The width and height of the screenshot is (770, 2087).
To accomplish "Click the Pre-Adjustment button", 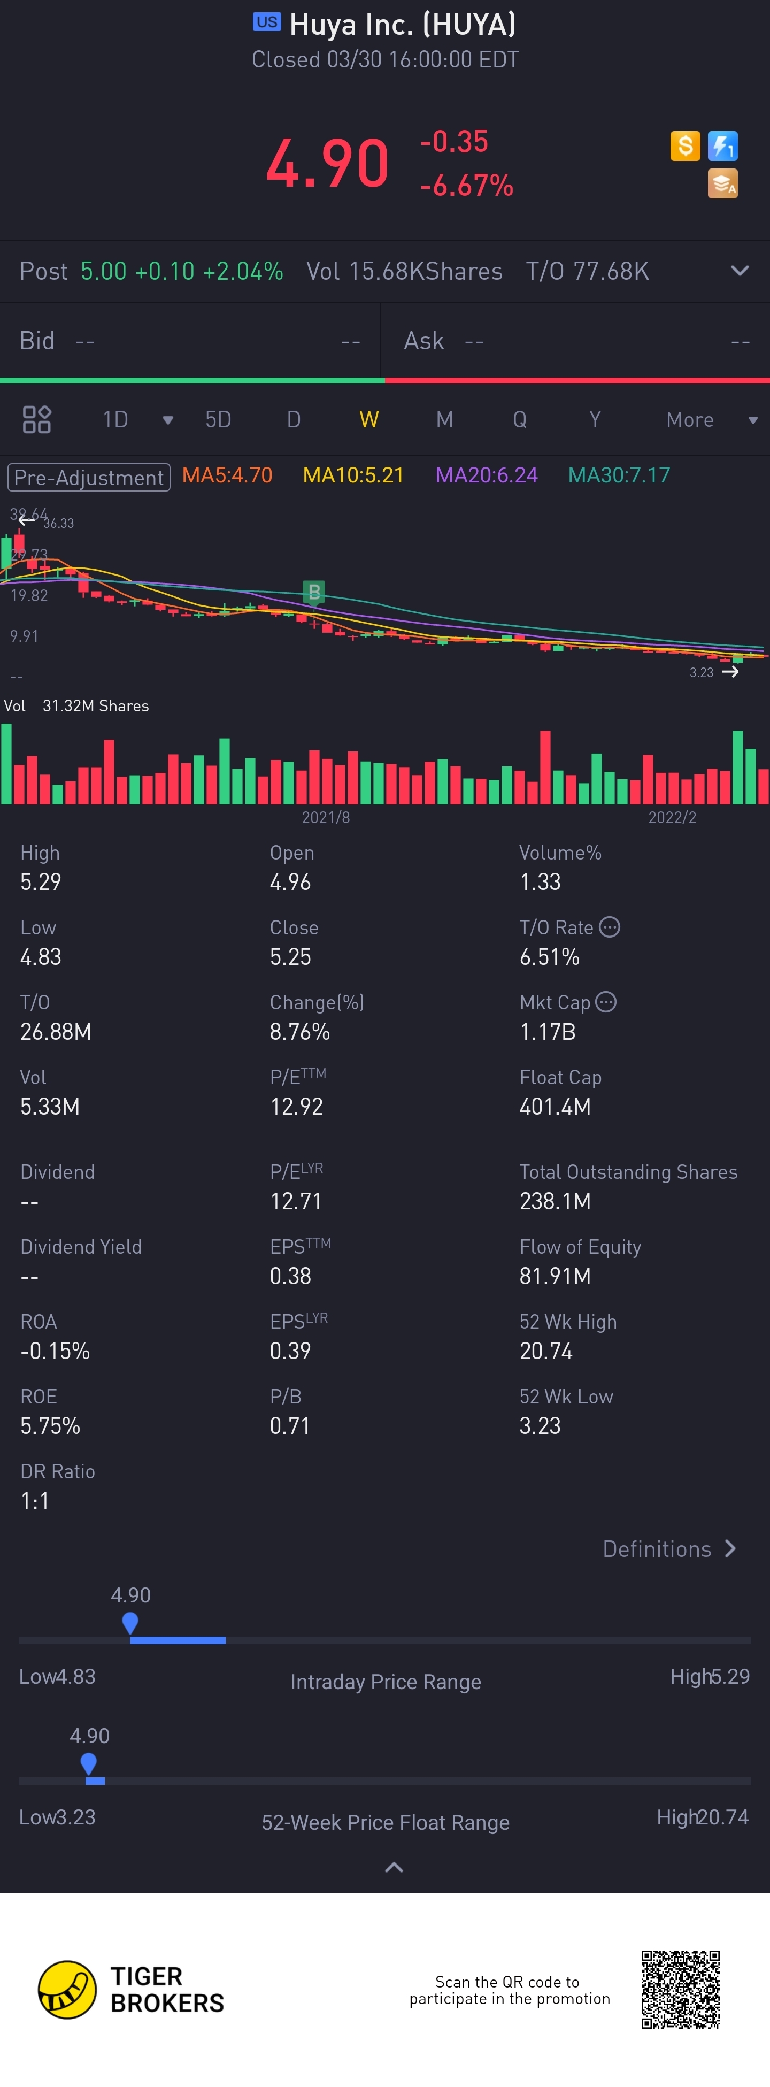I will [89, 477].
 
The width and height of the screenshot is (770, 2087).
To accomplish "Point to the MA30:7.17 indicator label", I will [619, 475].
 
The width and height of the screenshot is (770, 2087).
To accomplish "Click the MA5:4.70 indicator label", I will [227, 475].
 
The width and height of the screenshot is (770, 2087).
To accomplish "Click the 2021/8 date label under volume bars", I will [326, 817].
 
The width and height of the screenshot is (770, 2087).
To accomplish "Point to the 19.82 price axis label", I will [29, 595].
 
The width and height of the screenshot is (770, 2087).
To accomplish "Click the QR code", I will [680, 1989].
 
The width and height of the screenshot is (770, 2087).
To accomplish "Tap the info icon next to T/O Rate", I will [610, 927].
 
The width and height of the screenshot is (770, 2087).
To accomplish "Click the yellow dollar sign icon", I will [685, 146].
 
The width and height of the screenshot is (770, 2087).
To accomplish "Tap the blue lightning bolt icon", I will [722, 146].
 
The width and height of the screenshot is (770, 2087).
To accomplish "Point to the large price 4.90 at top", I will [327, 164].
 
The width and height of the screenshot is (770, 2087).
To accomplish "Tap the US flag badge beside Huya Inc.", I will [266, 22].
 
